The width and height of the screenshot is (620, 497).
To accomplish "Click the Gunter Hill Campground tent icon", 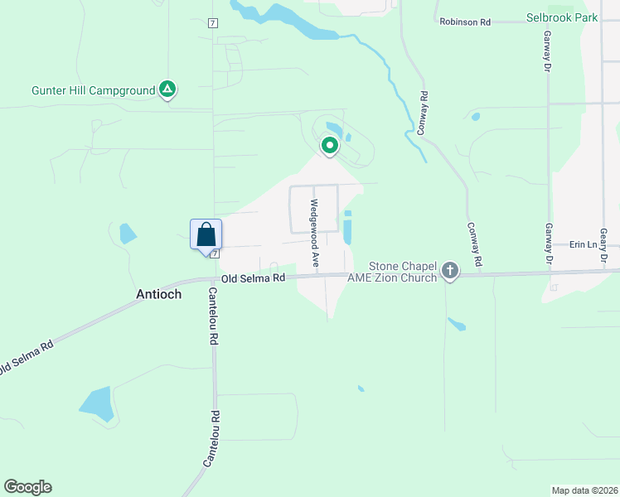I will point(167,89).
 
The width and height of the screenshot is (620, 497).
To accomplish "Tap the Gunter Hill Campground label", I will point(94,89).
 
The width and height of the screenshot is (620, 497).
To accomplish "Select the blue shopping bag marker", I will point(206,234).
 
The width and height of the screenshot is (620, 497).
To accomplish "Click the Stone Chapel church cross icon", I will point(449,270).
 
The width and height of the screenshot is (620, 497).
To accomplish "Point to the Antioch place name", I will point(158,294).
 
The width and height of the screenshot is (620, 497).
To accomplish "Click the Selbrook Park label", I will point(561,17).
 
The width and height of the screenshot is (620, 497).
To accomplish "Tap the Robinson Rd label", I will point(470,22).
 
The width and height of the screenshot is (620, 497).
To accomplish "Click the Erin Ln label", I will point(583,245).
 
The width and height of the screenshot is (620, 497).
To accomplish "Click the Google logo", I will point(27,487).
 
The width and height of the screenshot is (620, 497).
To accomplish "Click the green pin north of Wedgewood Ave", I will point(330,146).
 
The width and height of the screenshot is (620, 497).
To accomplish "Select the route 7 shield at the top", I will point(213,22).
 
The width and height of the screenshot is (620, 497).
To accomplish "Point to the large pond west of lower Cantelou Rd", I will point(99,403).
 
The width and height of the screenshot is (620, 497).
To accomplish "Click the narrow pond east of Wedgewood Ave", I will point(347,227).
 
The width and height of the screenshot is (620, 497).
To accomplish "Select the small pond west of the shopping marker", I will point(127,233).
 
